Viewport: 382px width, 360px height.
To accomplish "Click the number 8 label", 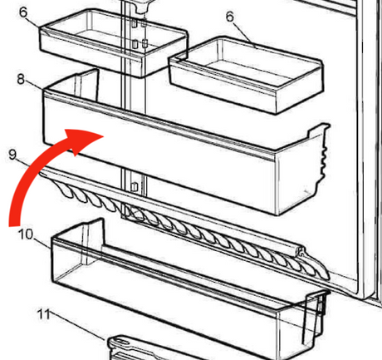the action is pos(21,79).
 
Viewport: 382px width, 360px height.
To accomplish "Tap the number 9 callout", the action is pos(12,154).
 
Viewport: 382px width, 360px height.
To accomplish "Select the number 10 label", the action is pos(26,234).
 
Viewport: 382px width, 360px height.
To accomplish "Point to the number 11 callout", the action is pos(44,314).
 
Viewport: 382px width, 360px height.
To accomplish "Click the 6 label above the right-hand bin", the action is pos(230,17).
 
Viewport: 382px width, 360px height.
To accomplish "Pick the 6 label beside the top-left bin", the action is pos(23,12).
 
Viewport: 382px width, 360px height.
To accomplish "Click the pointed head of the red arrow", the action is pos(104,136).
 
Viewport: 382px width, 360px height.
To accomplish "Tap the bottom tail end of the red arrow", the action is pos(14,225).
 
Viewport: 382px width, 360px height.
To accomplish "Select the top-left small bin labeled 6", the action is pos(114,42).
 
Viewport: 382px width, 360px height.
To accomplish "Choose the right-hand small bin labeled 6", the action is pos(246,76).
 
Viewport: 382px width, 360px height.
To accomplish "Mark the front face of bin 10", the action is pos(166,297).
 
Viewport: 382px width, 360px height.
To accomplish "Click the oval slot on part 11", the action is pos(122,340).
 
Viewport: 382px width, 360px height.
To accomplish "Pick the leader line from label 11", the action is pos(78,326).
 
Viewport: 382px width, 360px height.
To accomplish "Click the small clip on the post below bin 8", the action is pos(135,187).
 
